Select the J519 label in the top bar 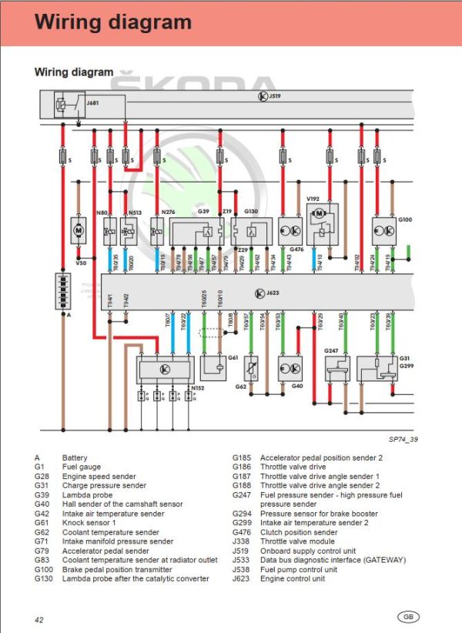point(274,97)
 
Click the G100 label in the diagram point(405,219)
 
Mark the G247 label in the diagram point(332,351)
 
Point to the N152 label point(198,387)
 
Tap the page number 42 point(38,619)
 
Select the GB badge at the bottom point(408,616)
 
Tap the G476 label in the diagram point(297,249)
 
